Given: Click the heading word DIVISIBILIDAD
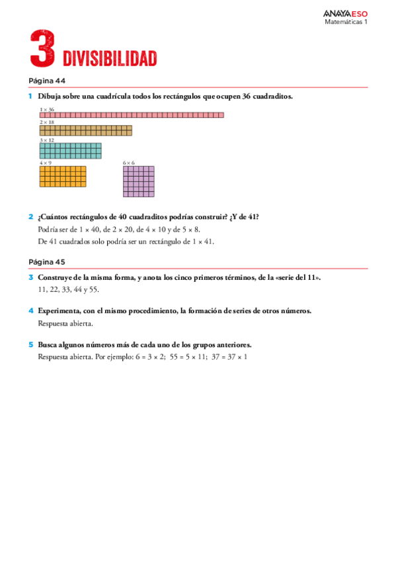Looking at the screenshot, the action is tap(110, 59).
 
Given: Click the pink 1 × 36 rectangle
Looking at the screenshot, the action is tap(132, 115).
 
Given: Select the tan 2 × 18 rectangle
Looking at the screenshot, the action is tap(85, 130).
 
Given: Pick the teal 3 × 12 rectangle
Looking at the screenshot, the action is tap(70, 151).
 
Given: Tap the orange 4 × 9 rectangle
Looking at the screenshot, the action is tap(63, 177).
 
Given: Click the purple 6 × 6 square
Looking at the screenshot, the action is tap(138, 181).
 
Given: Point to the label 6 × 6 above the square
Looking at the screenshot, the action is tap(129, 163).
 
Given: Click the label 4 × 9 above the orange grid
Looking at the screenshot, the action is tap(46, 163).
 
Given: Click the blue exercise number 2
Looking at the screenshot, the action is tap(30, 217).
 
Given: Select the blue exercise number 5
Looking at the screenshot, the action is tap(30, 345).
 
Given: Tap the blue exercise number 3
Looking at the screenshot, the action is tap(30, 277).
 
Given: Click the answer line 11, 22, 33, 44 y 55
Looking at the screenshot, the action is tap(68, 289).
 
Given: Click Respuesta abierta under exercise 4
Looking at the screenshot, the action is tap(65, 324).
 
